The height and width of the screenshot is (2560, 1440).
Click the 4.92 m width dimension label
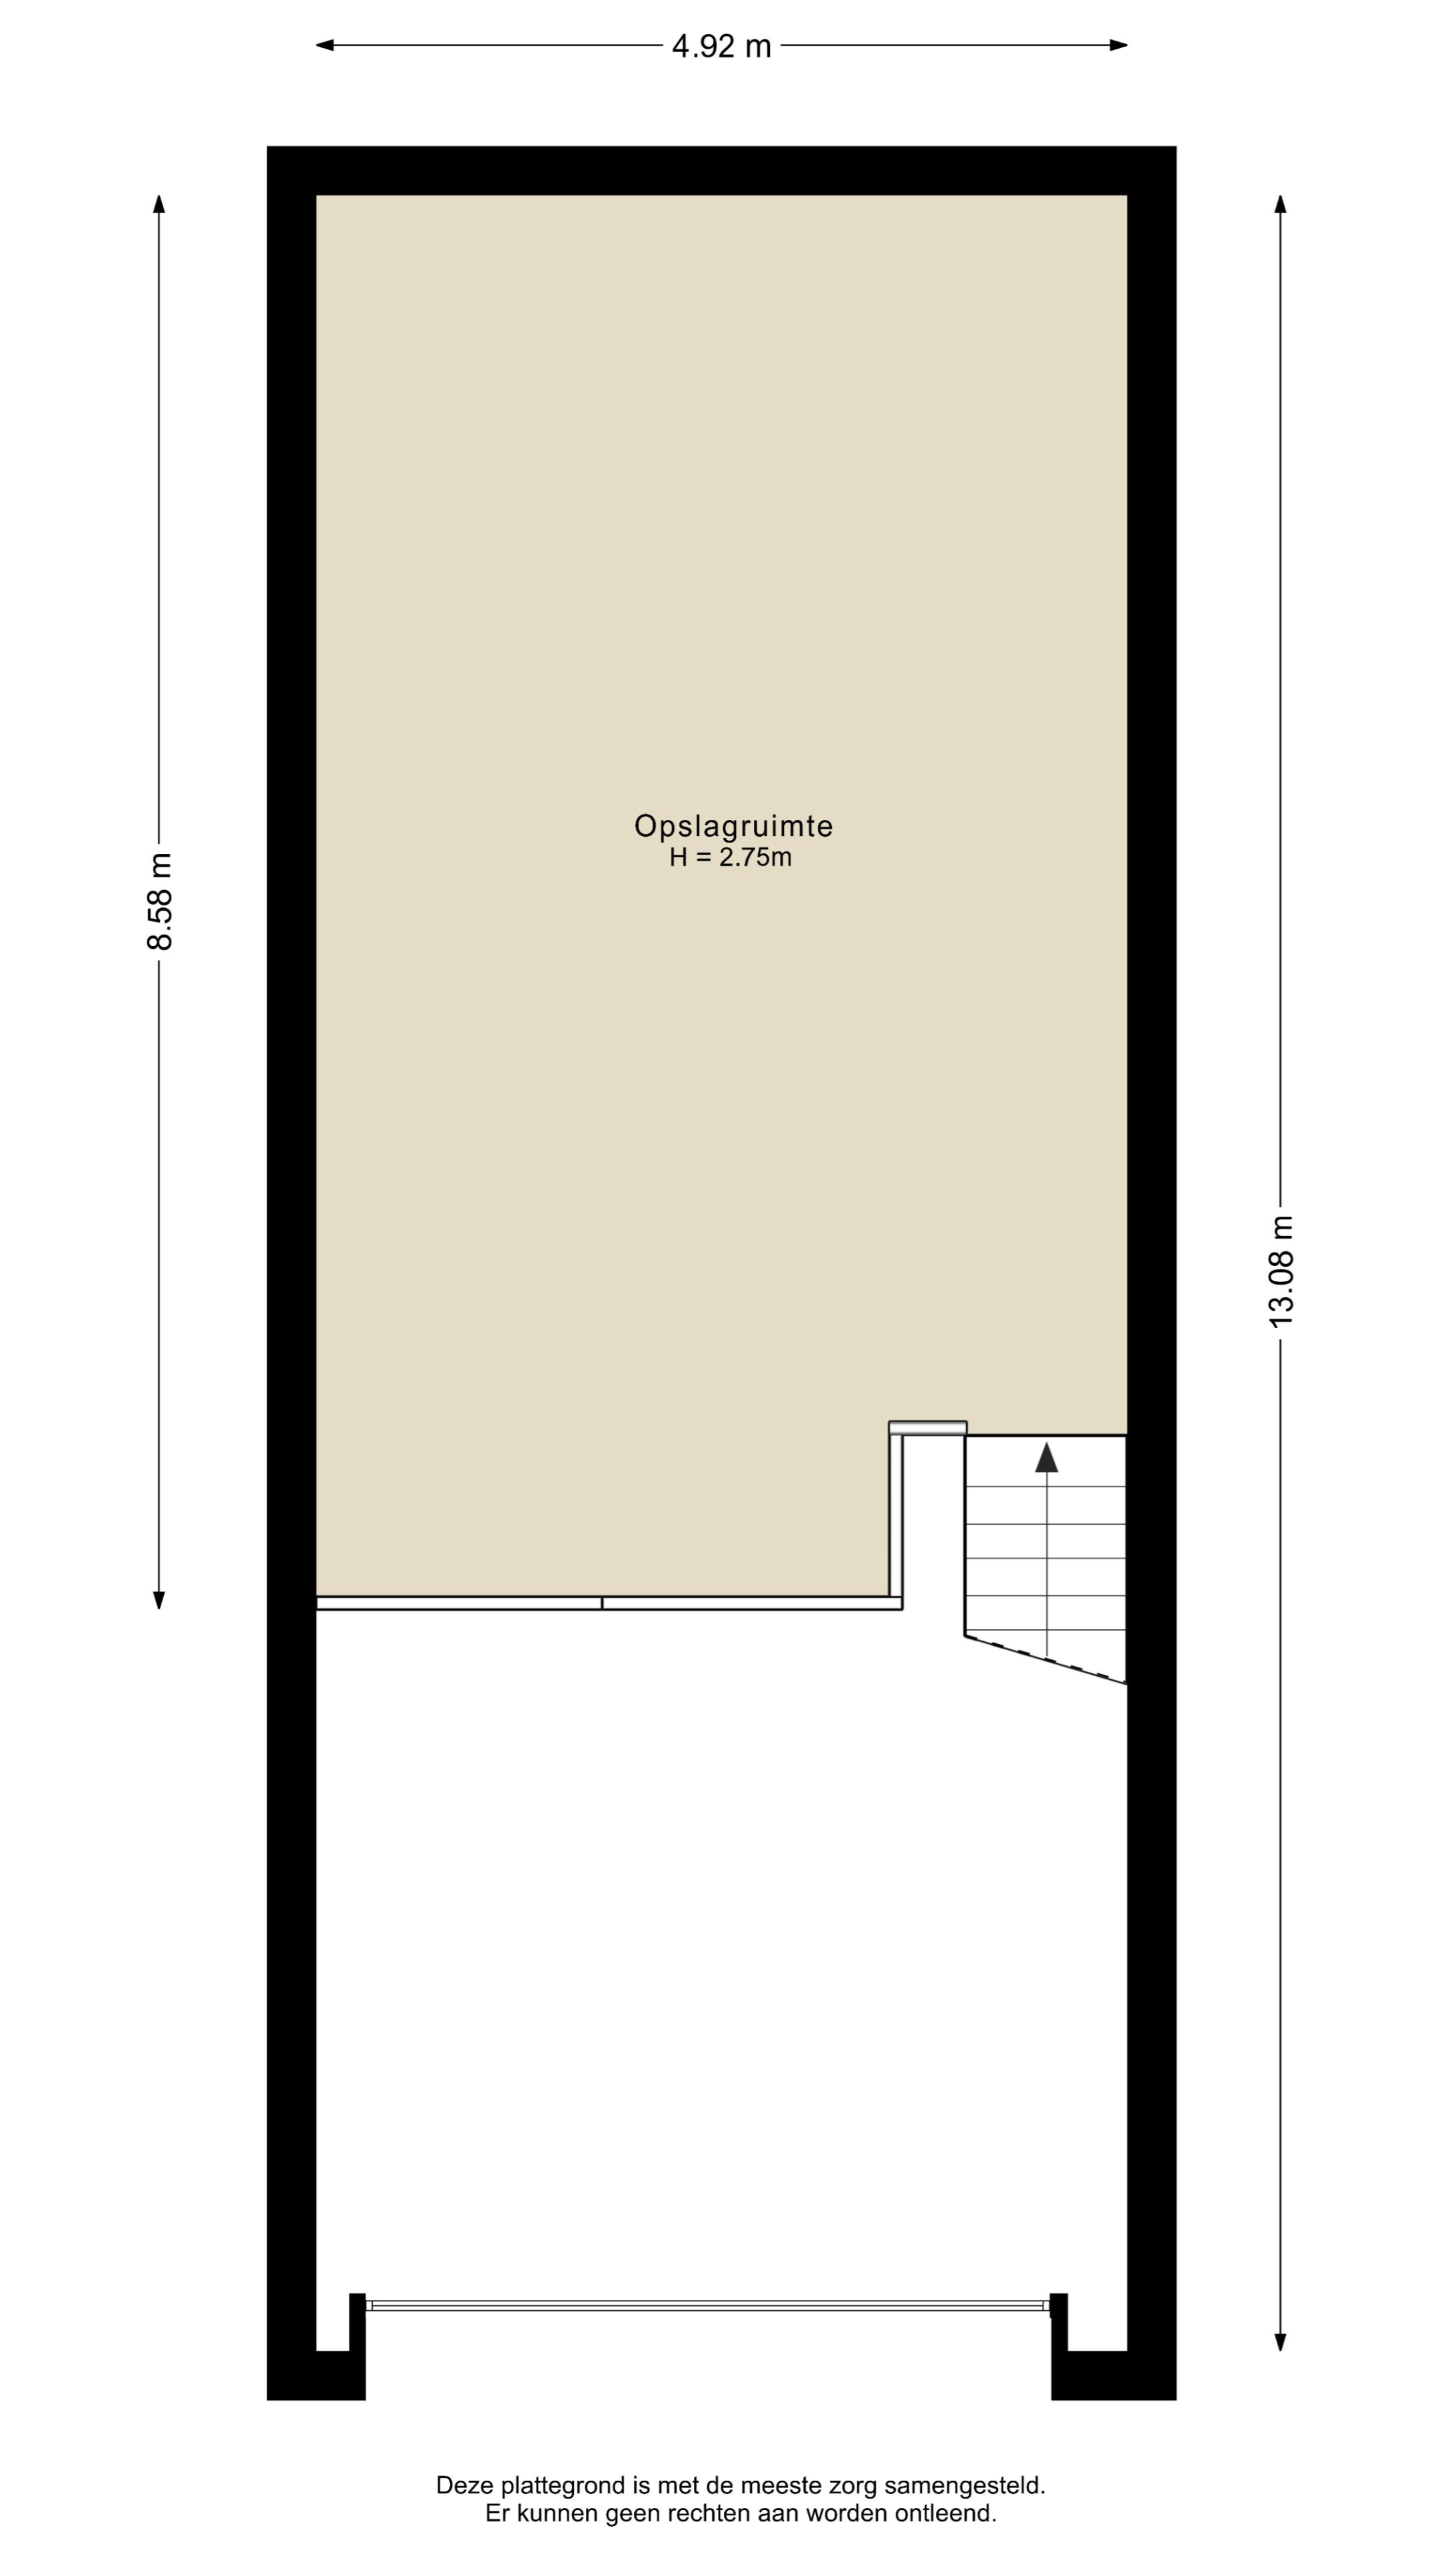click(x=721, y=46)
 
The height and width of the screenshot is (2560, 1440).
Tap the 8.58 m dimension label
click(x=159, y=901)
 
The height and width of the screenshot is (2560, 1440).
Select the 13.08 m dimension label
click(x=1281, y=1271)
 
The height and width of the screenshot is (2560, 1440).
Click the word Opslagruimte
click(x=733, y=826)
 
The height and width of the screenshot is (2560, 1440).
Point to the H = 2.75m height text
click(x=731, y=857)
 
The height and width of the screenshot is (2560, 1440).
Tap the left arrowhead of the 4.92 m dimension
click(x=325, y=45)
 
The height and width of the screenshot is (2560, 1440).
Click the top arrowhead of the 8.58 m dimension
click(x=159, y=204)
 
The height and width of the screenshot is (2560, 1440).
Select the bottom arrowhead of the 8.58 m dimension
click(x=159, y=1600)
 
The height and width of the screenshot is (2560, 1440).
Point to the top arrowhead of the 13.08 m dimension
click(x=1281, y=204)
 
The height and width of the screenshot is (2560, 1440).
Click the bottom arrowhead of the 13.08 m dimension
click(x=1281, y=2341)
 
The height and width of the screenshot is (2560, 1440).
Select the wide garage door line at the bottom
click(x=707, y=2305)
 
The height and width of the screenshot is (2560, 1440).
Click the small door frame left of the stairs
click(x=927, y=1428)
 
